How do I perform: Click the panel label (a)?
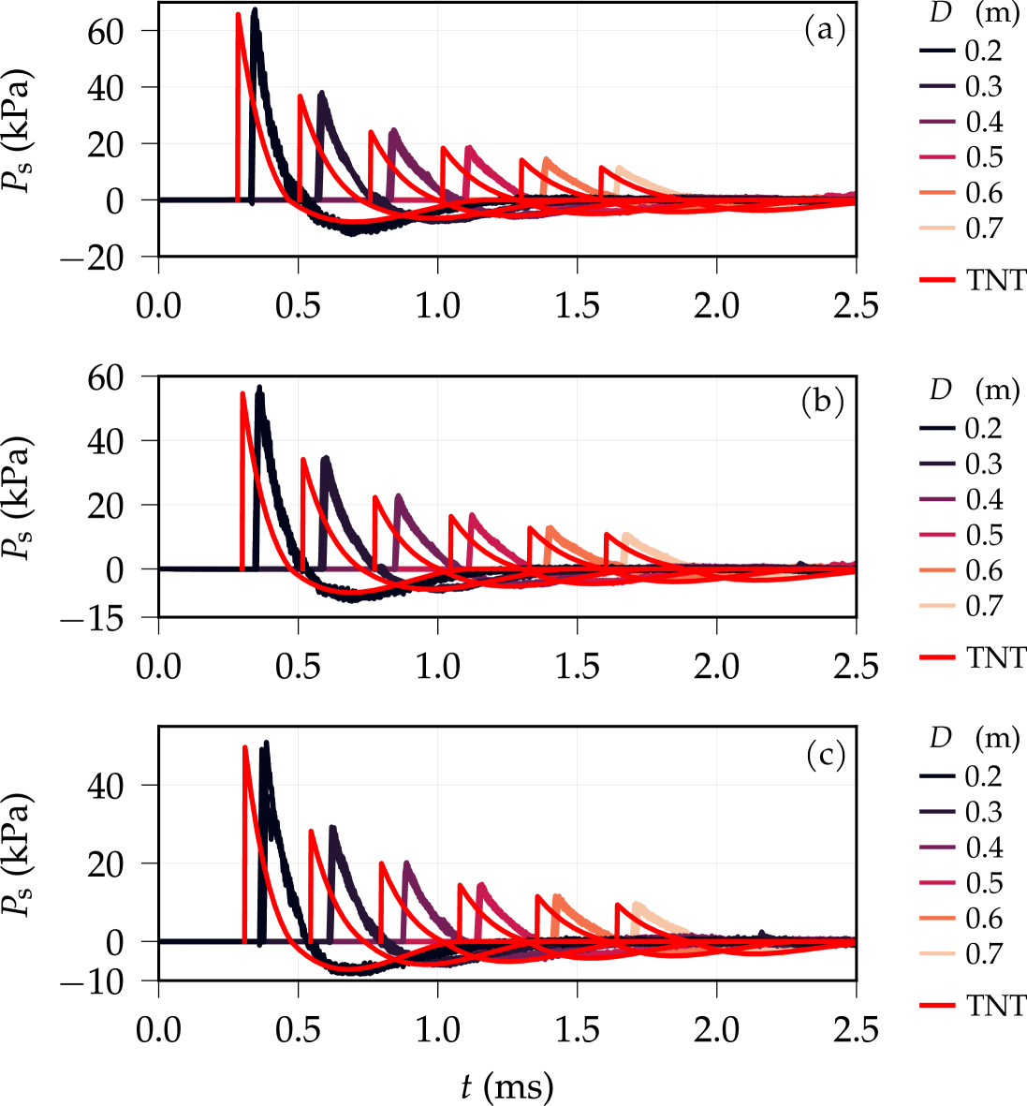click(x=825, y=31)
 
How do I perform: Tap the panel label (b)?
click(x=823, y=402)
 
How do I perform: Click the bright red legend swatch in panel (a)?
click(x=938, y=279)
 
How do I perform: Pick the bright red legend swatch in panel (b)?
click(x=938, y=657)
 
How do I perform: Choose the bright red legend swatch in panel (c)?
click(x=938, y=1005)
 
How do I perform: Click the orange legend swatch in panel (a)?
click(x=938, y=193)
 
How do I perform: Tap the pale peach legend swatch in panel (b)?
click(x=938, y=606)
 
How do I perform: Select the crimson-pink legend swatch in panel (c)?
click(x=938, y=882)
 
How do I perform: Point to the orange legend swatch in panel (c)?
click(x=938, y=918)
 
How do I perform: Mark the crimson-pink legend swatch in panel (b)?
click(x=938, y=535)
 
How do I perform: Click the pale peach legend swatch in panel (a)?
click(x=938, y=228)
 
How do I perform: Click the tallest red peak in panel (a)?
click(x=238, y=14)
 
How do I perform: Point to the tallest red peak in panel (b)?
click(x=242, y=393)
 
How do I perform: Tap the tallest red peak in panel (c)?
click(x=244, y=746)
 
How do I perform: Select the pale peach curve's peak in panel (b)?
click(x=626, y=535)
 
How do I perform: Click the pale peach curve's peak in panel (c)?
click(x=638, y=904)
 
